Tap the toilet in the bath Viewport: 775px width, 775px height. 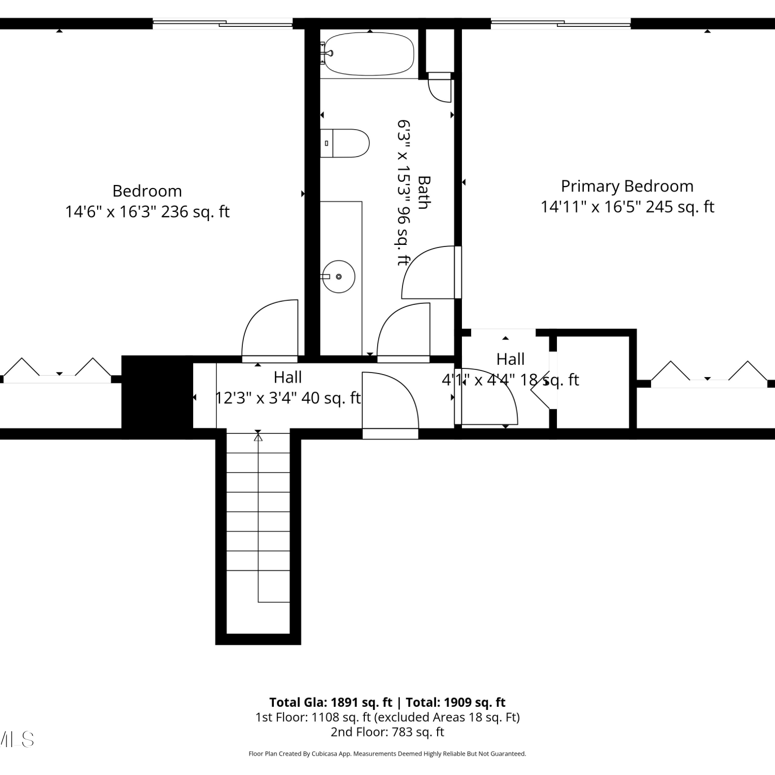[345, 143]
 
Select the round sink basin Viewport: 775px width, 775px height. [339, 276]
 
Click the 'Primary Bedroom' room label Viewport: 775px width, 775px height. [627, 186]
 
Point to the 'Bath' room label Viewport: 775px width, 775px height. [424, 193]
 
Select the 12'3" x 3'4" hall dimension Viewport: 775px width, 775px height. [255, 398]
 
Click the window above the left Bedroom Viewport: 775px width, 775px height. [223, 23]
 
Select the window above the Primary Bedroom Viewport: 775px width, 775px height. [561, 23]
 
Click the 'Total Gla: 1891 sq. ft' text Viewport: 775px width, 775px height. [331, 702]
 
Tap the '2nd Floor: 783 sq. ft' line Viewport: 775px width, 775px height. [388, 732]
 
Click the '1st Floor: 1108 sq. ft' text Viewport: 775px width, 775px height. [313, 717]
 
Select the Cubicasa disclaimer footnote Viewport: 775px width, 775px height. [388, 754]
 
